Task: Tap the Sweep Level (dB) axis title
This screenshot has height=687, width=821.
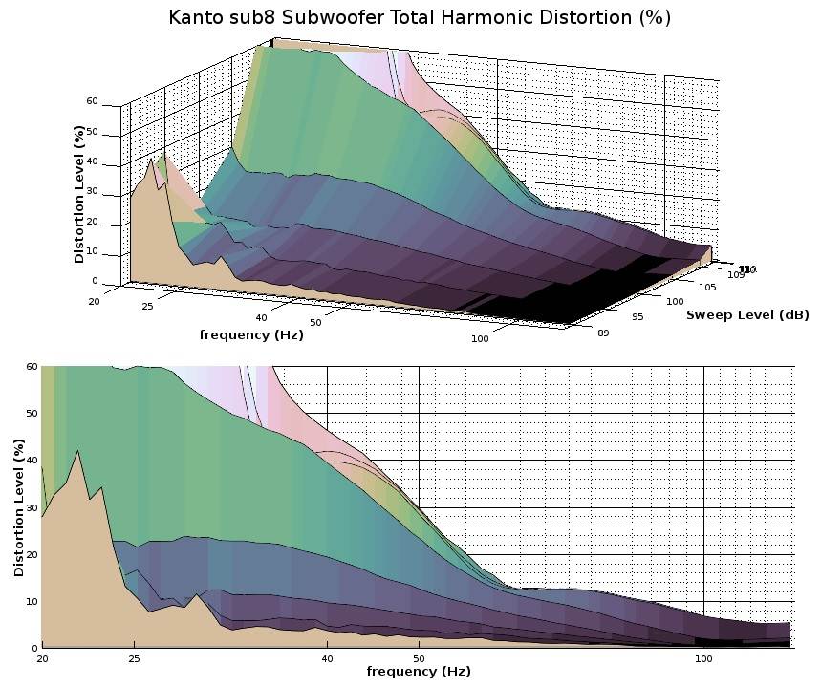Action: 746,314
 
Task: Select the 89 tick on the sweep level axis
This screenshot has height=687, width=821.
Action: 576,333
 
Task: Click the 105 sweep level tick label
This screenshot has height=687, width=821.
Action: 707,287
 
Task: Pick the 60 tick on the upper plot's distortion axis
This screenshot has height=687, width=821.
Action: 92,101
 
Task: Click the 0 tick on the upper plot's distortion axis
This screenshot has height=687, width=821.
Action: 95,281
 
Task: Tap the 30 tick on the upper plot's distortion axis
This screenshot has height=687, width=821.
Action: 92,192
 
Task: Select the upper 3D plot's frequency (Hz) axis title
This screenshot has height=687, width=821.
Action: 251,334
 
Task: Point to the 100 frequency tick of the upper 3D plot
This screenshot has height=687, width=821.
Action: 480,338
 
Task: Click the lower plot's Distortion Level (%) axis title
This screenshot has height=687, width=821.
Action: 19,506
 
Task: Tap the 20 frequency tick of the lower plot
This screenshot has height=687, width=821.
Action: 42,659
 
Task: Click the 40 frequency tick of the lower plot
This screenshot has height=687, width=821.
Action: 327,659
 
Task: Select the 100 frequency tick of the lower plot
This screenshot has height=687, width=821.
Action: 703,659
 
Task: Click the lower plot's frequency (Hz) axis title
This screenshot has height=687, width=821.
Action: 418,672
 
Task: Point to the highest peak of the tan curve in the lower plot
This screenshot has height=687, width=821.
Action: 77,451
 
